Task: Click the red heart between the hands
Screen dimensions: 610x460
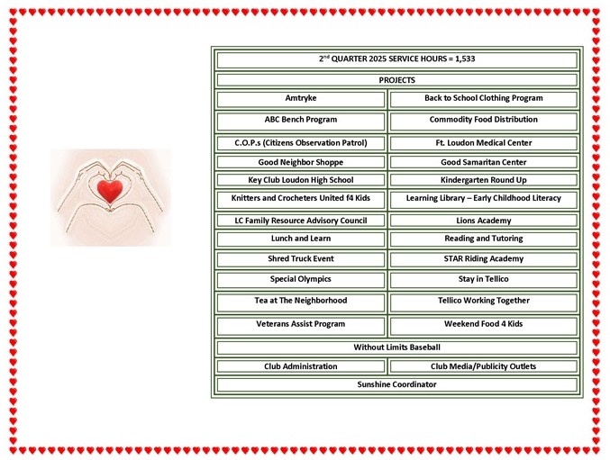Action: tap(110, 191)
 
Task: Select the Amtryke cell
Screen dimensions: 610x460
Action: tap(301, 99)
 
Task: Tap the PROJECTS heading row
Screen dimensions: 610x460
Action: tap(396, 80)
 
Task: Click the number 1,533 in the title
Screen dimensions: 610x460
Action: tap(465, 59)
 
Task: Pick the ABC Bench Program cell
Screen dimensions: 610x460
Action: tap(301, 122)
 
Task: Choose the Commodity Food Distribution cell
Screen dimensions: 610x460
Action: tap(484, 122)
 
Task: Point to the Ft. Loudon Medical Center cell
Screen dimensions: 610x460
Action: tap(484, 143)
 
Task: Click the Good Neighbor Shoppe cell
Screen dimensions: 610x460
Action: tap(301, 162)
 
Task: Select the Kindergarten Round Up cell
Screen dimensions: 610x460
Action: tap(484, 180)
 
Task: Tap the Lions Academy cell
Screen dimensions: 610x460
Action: tap(484, 221)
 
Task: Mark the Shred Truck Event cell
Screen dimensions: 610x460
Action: tap(301, 259)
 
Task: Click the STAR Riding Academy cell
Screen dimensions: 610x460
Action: tap(484, 259)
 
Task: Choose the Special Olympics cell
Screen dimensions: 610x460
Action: tap(301, 280)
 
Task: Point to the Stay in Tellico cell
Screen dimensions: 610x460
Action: tap(484, 280)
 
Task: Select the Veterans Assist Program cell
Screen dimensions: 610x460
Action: tap(301, 326)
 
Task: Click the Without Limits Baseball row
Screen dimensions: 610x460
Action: tap(396, 347)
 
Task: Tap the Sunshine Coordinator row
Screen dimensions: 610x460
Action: tap(396, 384)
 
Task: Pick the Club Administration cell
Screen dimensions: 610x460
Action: tap(301, 366)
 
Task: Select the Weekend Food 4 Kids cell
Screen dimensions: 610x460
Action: tap(484, 326)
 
